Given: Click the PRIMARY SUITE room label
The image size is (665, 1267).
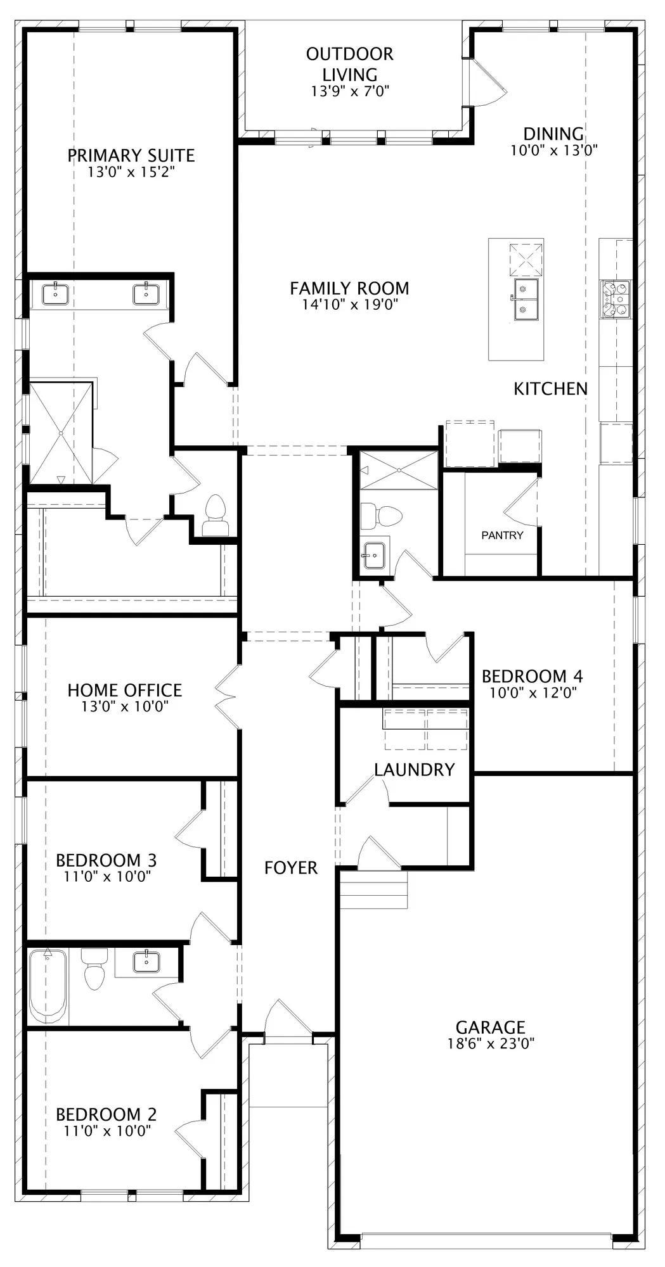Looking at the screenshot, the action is point(131,155).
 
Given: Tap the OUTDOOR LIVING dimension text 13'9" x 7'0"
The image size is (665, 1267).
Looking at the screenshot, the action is point(349,91).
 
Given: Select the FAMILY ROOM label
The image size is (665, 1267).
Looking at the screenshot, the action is point(349,288).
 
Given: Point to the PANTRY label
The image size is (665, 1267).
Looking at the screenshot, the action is point(502,535).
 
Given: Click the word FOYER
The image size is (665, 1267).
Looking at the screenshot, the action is point(291,867).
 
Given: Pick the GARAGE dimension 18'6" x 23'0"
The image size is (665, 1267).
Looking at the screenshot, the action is point(491,1043).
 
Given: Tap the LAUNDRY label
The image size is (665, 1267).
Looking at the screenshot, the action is point(415,770).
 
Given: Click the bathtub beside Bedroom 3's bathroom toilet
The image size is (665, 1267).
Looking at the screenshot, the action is point(48,986).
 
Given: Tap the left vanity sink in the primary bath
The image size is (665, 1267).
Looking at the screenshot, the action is point(56,294).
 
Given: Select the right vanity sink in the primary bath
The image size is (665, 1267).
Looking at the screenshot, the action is point(146,294).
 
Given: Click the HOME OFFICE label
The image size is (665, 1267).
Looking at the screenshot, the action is point(125,690).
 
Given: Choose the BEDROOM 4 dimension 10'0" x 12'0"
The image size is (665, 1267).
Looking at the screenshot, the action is point(533,692).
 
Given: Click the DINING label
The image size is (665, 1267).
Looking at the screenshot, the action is point(553,134).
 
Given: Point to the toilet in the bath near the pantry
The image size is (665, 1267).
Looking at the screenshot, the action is point(381,516).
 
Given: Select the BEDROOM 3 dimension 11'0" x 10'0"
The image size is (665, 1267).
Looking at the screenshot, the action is point(107,876).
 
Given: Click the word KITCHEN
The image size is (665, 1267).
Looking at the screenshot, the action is point(551,388).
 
